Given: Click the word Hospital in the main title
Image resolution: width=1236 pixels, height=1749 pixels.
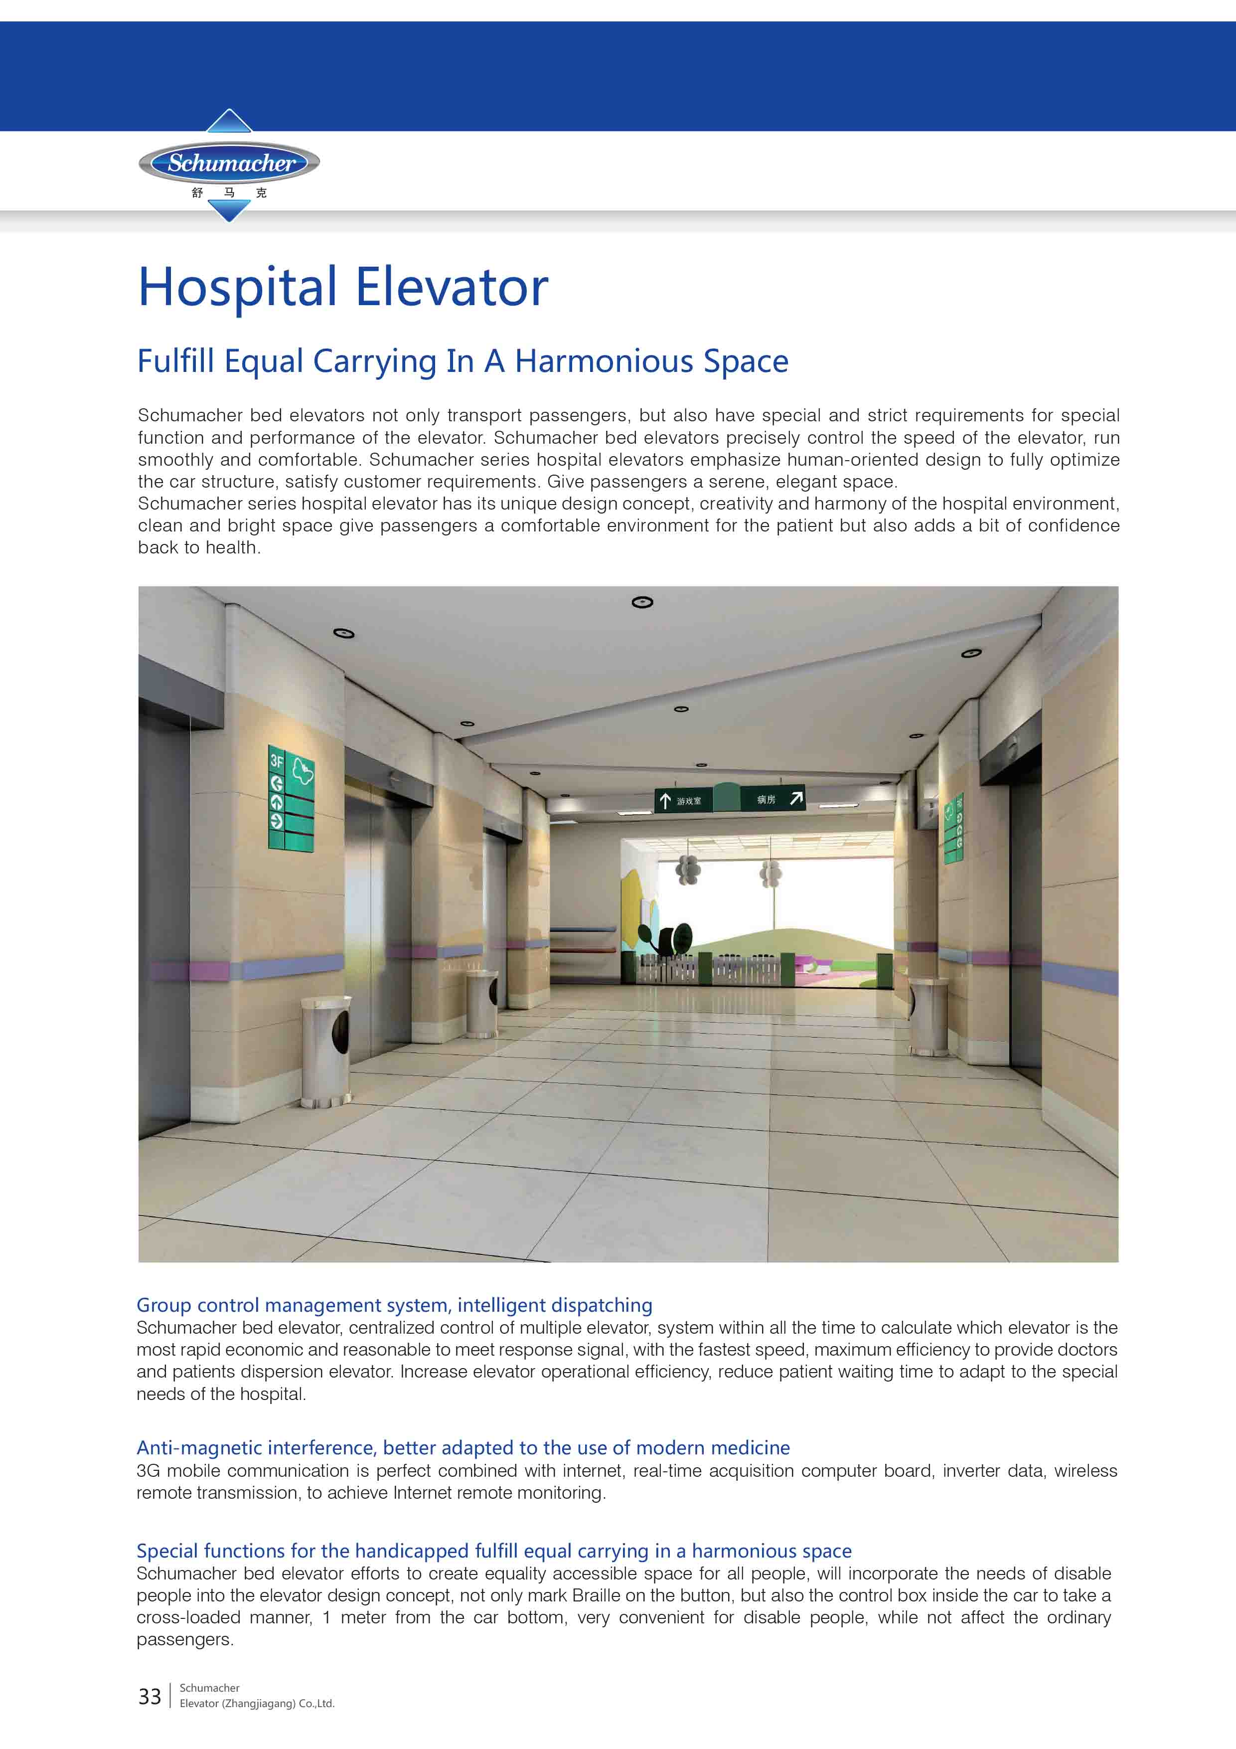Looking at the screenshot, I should click(x=237, y=288).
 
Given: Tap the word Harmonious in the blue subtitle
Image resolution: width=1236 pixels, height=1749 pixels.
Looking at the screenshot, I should click(x=603, y=361).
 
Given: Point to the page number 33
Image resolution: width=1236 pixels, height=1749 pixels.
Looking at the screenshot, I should click(x=149, y=1697).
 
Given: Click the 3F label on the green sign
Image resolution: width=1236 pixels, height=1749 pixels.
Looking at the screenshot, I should click(x=276, y=761).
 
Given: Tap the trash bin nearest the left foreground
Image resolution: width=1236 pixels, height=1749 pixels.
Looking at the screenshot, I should click(x=326, y=1050).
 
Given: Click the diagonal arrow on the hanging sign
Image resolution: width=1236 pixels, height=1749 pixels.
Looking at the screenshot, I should click(x=796, y=798).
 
